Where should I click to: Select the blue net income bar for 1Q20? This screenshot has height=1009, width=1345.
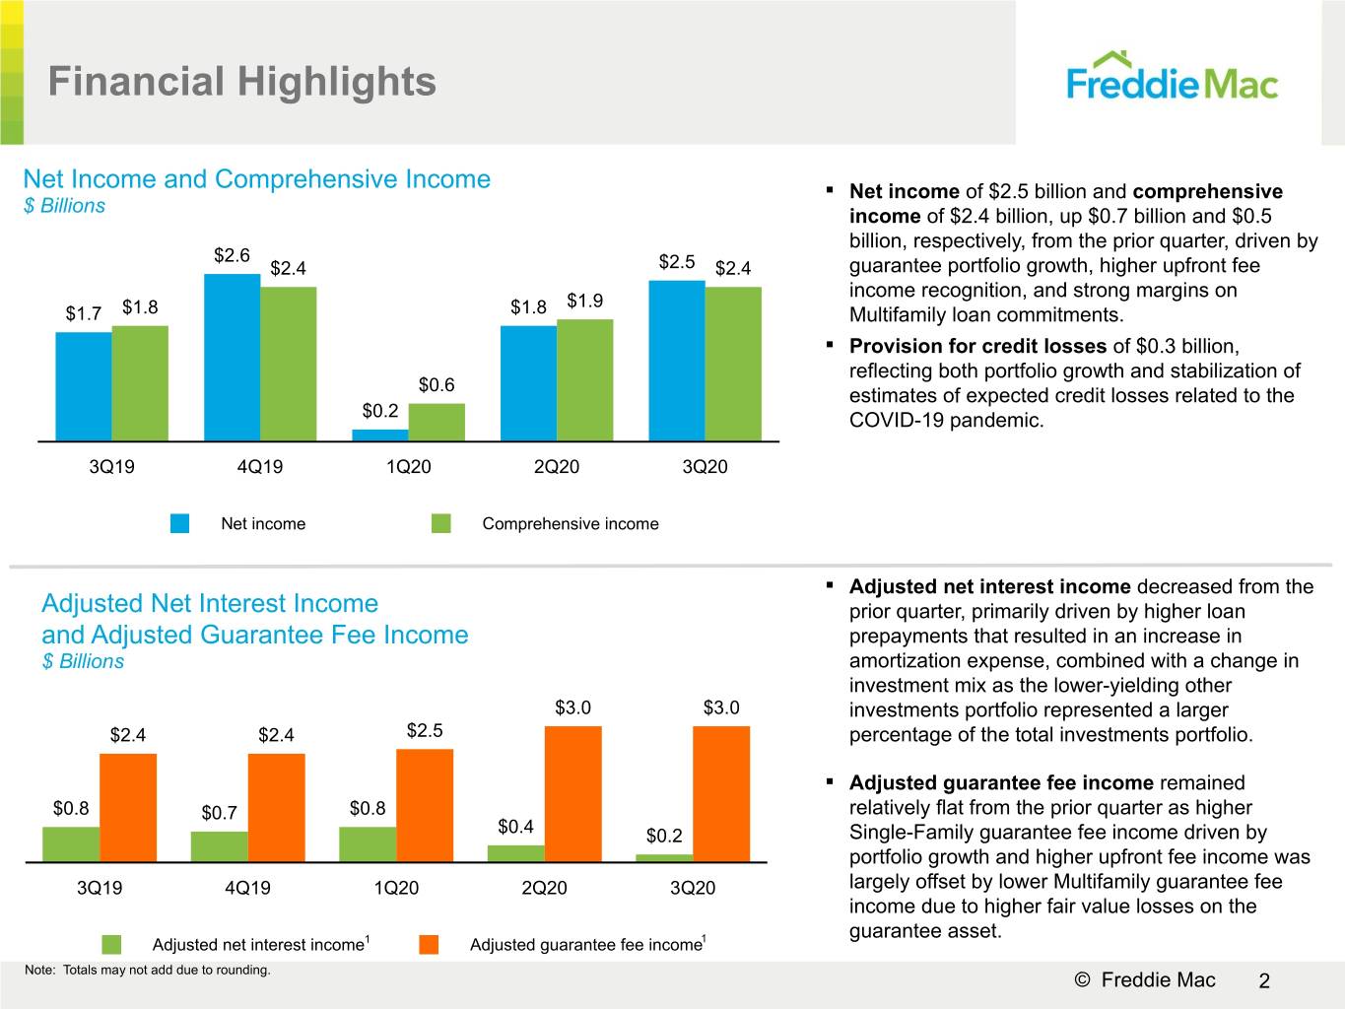[x=380, y=435]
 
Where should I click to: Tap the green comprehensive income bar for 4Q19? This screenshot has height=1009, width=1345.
[x=288, y=364]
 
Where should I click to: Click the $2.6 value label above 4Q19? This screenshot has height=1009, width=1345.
[x=232, y=255]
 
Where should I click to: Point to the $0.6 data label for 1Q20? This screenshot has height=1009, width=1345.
[x=437, y=384]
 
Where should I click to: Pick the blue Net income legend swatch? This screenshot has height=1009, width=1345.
[x=179, y=523]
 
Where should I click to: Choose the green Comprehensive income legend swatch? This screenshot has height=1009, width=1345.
[x=441, y=523]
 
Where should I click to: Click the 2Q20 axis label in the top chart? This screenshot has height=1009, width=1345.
[x=557, y=467]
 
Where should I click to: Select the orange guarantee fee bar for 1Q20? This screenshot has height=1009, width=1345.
[x=425, y=805]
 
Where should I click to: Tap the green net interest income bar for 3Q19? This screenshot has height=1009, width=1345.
[x=71, y=844]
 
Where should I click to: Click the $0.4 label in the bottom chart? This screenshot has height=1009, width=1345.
[x=515, y=827]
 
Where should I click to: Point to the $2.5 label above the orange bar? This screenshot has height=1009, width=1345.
[x=425, y=730]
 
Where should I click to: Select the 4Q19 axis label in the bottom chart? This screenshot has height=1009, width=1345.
[x=247, y=888]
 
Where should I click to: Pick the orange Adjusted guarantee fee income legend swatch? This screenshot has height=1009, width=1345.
[x=429, y=944]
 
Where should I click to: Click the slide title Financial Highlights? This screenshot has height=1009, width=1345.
[x=242, y=82]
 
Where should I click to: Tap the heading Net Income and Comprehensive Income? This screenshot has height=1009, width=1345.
[x=257, y=179]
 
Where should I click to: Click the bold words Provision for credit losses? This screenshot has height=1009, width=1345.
[x=977, y=346]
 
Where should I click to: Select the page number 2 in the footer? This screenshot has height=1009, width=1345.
[x=1264, y=980]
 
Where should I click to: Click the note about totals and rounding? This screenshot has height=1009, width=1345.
[x=147, y=970]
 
